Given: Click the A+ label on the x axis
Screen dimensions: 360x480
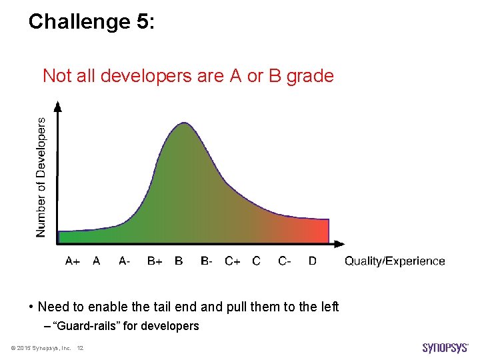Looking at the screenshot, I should [x=73, y=261].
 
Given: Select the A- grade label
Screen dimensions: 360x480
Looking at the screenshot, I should [x=125, y=261].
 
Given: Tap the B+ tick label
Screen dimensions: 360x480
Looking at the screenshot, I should [x=155, y=261].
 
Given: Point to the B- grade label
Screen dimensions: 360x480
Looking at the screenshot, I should [x=207, y=261].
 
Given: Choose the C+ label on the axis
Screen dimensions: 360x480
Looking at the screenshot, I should [x=233, y=261].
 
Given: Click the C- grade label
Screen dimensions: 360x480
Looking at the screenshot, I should [x=285, y=261].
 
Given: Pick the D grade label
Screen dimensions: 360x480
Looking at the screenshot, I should [x=313, y=261].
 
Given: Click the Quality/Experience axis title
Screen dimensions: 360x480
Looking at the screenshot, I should [x=395, y=261].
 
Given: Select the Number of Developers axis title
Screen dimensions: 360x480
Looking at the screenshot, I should [x=41, y=177].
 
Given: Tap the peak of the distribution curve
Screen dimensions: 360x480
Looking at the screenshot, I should [x=183, y=123].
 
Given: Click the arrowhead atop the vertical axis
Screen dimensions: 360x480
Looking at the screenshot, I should [x=58, y=106].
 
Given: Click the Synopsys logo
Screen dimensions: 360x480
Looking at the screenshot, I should [x=446, y=348].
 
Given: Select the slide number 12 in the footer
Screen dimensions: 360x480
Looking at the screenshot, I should [x=80, y=349].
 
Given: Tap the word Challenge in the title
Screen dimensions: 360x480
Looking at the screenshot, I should [x=79, y=22].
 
